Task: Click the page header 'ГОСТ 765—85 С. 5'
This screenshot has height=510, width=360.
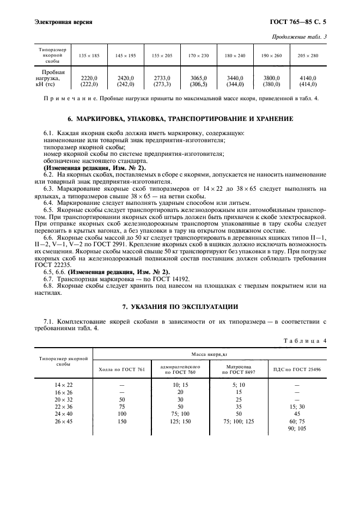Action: (301, 22)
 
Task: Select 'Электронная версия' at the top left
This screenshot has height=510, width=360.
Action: (63, 22)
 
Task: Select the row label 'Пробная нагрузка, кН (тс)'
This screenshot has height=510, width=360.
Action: (53, 78)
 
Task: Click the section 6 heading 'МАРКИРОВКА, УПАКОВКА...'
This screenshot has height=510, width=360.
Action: (180, 118)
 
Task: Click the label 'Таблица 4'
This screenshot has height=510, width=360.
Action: (305, 341)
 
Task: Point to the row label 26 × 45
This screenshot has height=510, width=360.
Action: (64, 421)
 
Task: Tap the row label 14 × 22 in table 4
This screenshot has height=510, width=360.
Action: (64, 384)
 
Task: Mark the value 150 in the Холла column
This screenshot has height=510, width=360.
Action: (121, 421)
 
